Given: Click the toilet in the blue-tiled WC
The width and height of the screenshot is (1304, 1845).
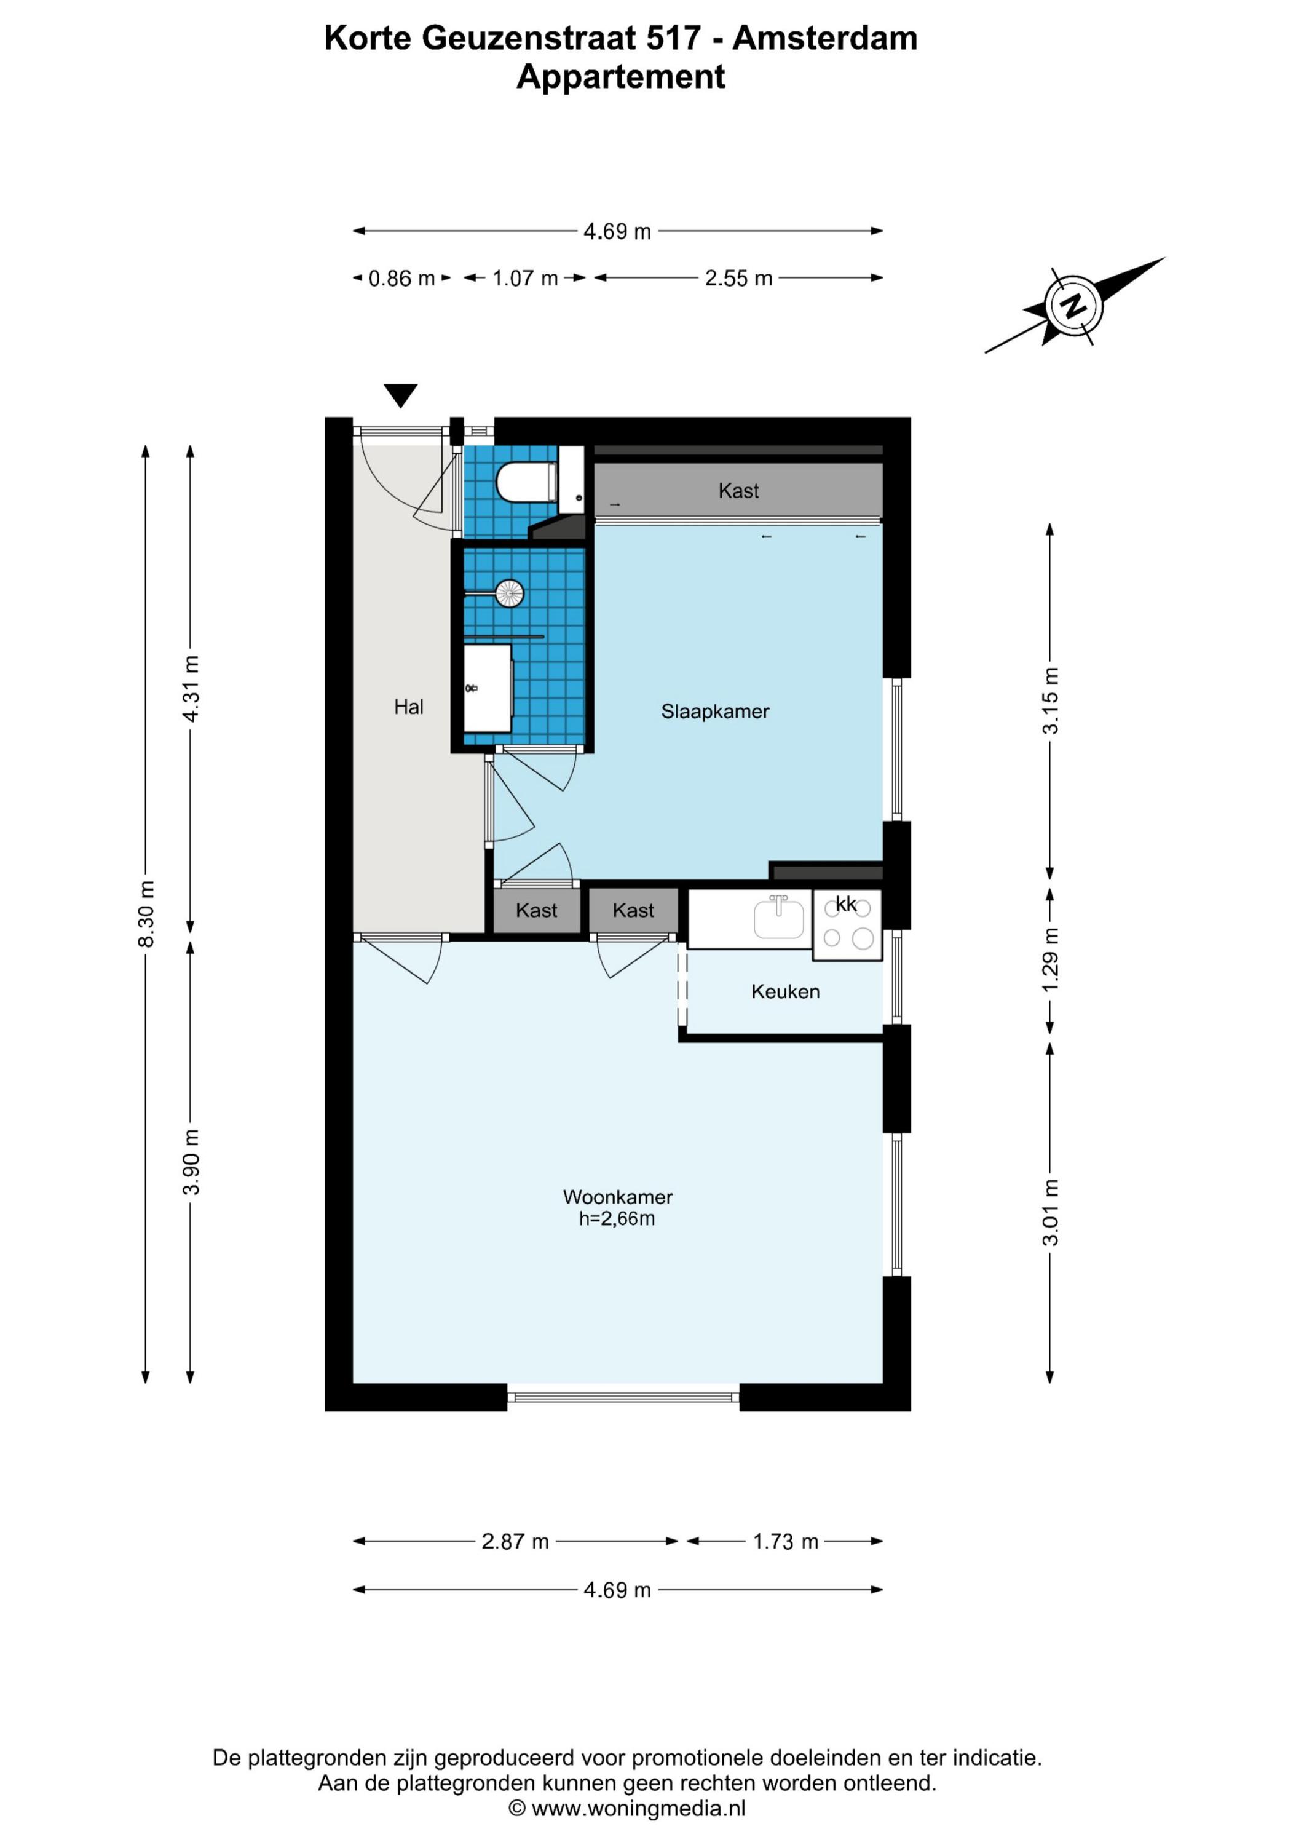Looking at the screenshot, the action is [527, 482].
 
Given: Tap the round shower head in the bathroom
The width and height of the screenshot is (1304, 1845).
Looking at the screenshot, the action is [510, 594].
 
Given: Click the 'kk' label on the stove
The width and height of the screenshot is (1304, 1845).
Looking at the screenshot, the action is [846, 904].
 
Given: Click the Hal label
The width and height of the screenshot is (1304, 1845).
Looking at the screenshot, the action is [408, 707].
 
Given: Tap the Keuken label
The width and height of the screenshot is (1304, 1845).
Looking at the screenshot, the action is [785, 991].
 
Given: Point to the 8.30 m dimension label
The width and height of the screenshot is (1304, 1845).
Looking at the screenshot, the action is [146, 915].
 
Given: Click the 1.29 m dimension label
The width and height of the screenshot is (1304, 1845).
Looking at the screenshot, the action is [1050, 959].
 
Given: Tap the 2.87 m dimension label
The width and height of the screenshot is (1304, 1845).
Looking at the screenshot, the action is [515, 1541].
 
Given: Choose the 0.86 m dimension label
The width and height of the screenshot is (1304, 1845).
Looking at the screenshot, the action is [401, 278].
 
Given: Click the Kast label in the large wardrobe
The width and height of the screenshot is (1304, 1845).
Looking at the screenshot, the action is [738, 490].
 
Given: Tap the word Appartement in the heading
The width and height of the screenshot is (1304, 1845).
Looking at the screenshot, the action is [620, 77].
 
